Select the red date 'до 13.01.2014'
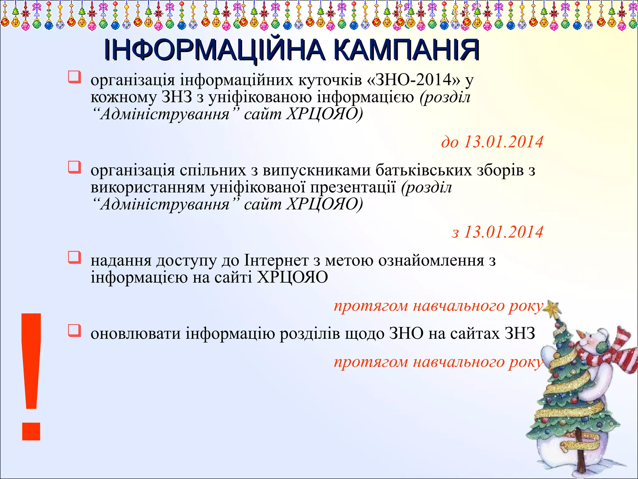(x=492, y=142)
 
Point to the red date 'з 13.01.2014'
(x=497, y=232)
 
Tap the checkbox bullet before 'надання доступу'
(x=74, y=258)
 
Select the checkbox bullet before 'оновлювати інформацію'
(x=74, y=331)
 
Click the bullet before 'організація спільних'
(x=74, y=167)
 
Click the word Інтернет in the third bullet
(x=276, y=260)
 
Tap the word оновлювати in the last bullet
(x=135, y=333)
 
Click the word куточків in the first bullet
(x=330, y=80)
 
